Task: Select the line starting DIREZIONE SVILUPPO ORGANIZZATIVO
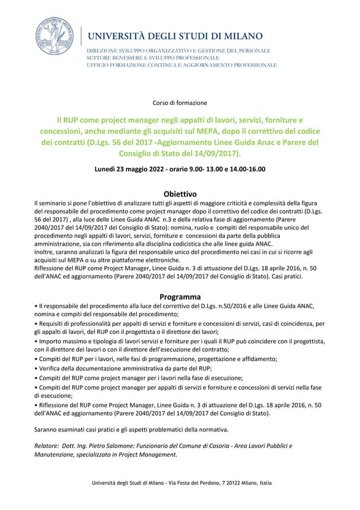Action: [178, 51]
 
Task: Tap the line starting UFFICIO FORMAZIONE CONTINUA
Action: [181, 65]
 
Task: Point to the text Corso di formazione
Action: [180, 103]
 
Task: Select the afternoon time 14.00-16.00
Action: [245, 168]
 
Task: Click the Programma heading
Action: [179, 297]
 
